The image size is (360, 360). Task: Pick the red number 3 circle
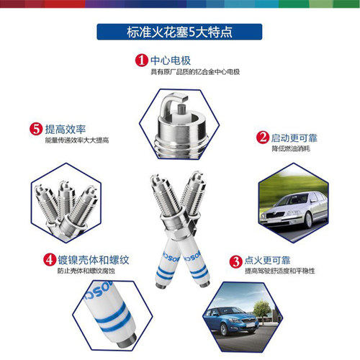coord(235,261)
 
